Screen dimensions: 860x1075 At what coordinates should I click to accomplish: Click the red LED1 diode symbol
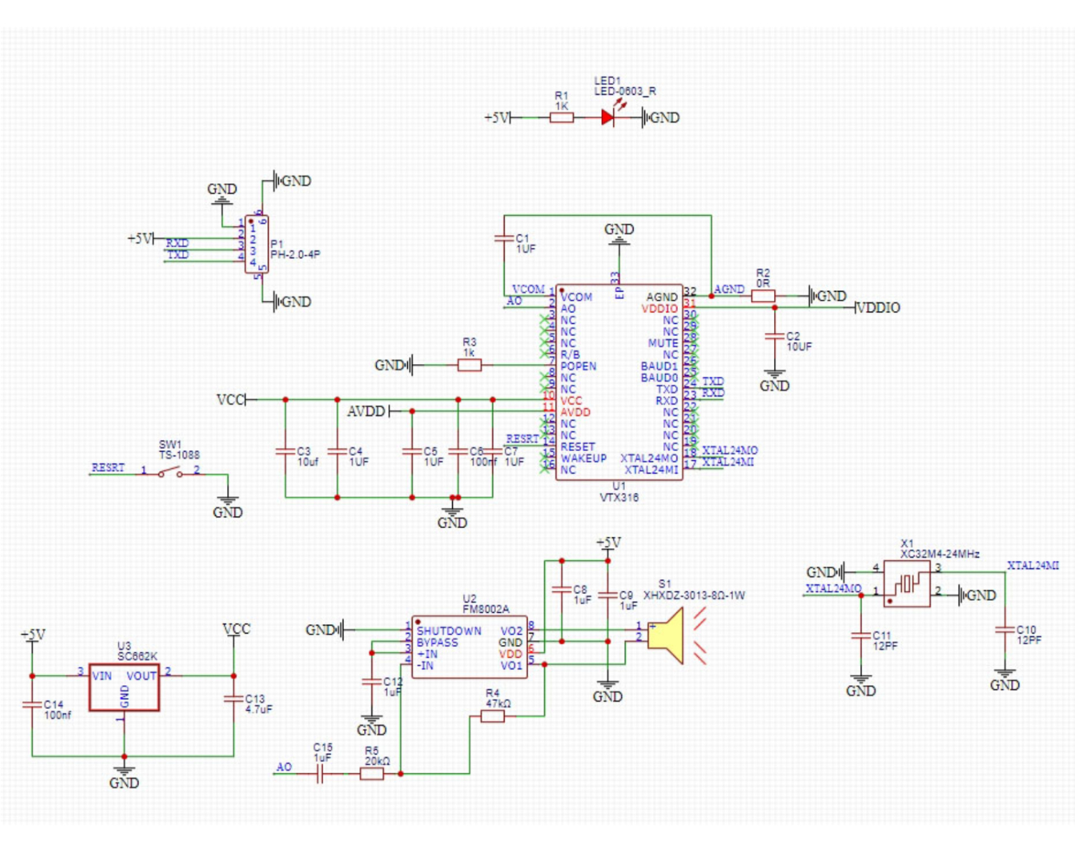tap(608, 118)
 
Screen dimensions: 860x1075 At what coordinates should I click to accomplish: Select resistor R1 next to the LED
tap(561, 118)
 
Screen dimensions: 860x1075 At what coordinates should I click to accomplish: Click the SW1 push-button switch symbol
tap(170, 473)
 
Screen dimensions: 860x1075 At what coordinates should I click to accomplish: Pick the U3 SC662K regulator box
tap(124, 687)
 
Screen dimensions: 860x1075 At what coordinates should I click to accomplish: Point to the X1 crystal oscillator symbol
tap(907, 584)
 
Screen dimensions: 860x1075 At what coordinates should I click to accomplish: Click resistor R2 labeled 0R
tap(763, 295)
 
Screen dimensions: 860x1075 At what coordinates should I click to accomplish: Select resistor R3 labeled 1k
tap(469, 365)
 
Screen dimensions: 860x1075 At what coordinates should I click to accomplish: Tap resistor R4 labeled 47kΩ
tap(492, 715)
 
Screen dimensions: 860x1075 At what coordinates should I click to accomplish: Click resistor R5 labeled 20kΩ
tap(371, 773)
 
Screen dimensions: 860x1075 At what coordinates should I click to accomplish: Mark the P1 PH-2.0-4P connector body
tap(257, 244)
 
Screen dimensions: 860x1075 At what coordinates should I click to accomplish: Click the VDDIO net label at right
tap(879, 307)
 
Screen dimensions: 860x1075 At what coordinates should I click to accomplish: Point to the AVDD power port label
tap(366, 411)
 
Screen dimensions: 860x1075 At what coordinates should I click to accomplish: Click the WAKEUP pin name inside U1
tap(583, 458)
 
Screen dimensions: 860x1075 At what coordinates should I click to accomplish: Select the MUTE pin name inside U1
tap(663, 343)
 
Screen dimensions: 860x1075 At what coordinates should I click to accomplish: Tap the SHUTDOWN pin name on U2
tap(449, 631)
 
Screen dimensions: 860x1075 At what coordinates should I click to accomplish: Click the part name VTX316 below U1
tap(619, 497)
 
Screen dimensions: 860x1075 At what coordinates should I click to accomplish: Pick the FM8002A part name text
tap(486, 609)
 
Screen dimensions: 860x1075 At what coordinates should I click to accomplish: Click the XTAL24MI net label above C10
tap(1033, 565)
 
